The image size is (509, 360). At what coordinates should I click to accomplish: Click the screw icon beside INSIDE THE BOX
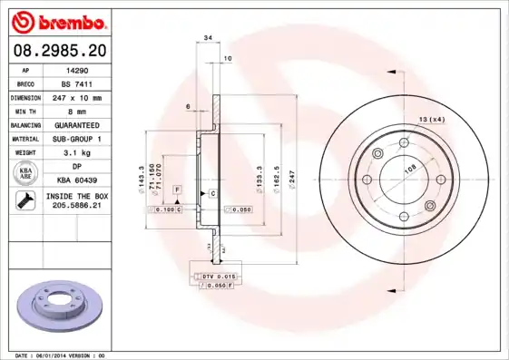tap(23, 201)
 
